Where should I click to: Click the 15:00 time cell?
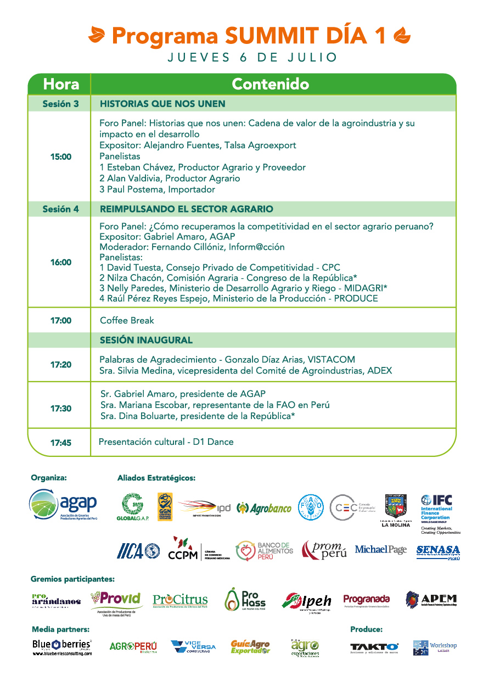pyautogui.click(x=61, y=157)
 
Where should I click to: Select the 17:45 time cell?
pyautogui.click(x=61, y=442)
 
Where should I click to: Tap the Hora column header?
pyautogui.click(x=61, y=84)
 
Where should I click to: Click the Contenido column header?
pyautogui.click(x=270, y=84)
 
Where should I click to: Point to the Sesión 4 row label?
pyautogui.click(x=61, y=209)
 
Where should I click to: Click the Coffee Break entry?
pyautogui.click(x=127, y=320)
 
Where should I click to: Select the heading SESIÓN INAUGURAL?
pyautogui.click(x=146, y=340)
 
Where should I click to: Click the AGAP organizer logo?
pyautogui.click(x=63, y=504)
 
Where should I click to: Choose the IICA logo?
pyautogui.click(x=138, y=550)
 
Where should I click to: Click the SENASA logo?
pyautogui.click(x=438, y=551)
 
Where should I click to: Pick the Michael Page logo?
pyautogui.click(x=380, y=550)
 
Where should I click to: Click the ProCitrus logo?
pyautogui.click(x=180, y=600)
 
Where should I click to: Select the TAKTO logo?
pyautogui.click(x=374, y=647)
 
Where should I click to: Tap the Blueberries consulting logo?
pyautogui.click(x=61, y=646)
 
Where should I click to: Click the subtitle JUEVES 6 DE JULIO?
pyautogui.click(x=252, y=57)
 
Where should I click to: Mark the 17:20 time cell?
pyautogui.click(x=61, y=365)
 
